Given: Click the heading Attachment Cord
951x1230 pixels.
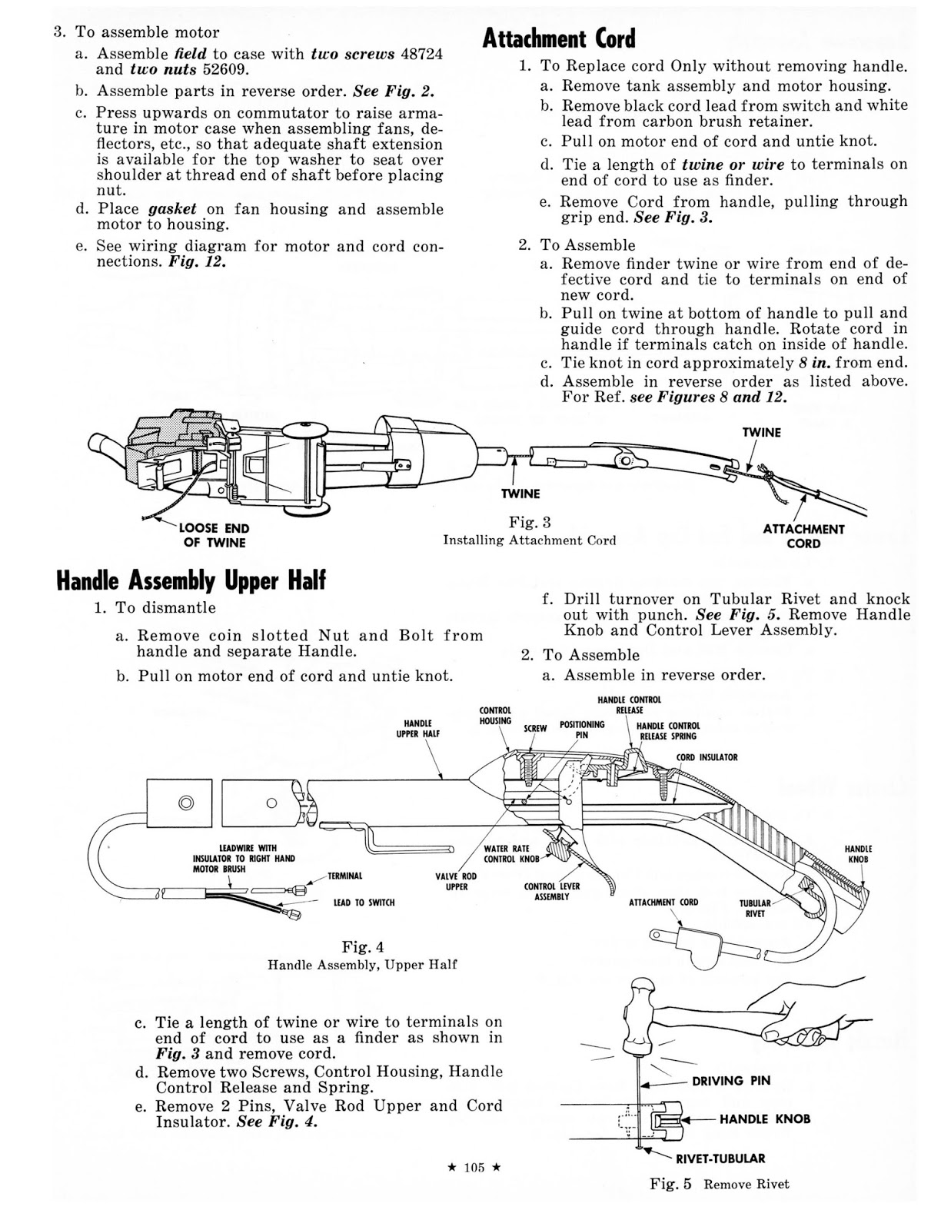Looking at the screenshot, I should point(559,38).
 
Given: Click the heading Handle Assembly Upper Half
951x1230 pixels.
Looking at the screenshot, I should point(191,580).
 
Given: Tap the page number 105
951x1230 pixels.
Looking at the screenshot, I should point(474,1168).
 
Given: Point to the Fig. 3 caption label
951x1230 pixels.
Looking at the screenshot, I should point(530,523).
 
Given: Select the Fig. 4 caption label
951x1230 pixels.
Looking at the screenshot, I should point(363,946).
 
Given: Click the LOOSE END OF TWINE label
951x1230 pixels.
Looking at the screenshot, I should point(214,536).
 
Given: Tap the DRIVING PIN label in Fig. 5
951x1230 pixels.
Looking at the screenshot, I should point(730,1081).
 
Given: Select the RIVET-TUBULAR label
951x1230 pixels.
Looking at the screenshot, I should point(720,1158).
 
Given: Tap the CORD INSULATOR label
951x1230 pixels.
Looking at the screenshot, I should point(707,757).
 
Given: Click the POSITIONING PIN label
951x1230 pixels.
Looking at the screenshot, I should point(582,730).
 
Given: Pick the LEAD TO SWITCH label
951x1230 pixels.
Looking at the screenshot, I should point(364,902).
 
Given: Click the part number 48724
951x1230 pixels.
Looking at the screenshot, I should point(420,54).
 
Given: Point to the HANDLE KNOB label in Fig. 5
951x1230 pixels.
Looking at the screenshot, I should point(764,1119).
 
